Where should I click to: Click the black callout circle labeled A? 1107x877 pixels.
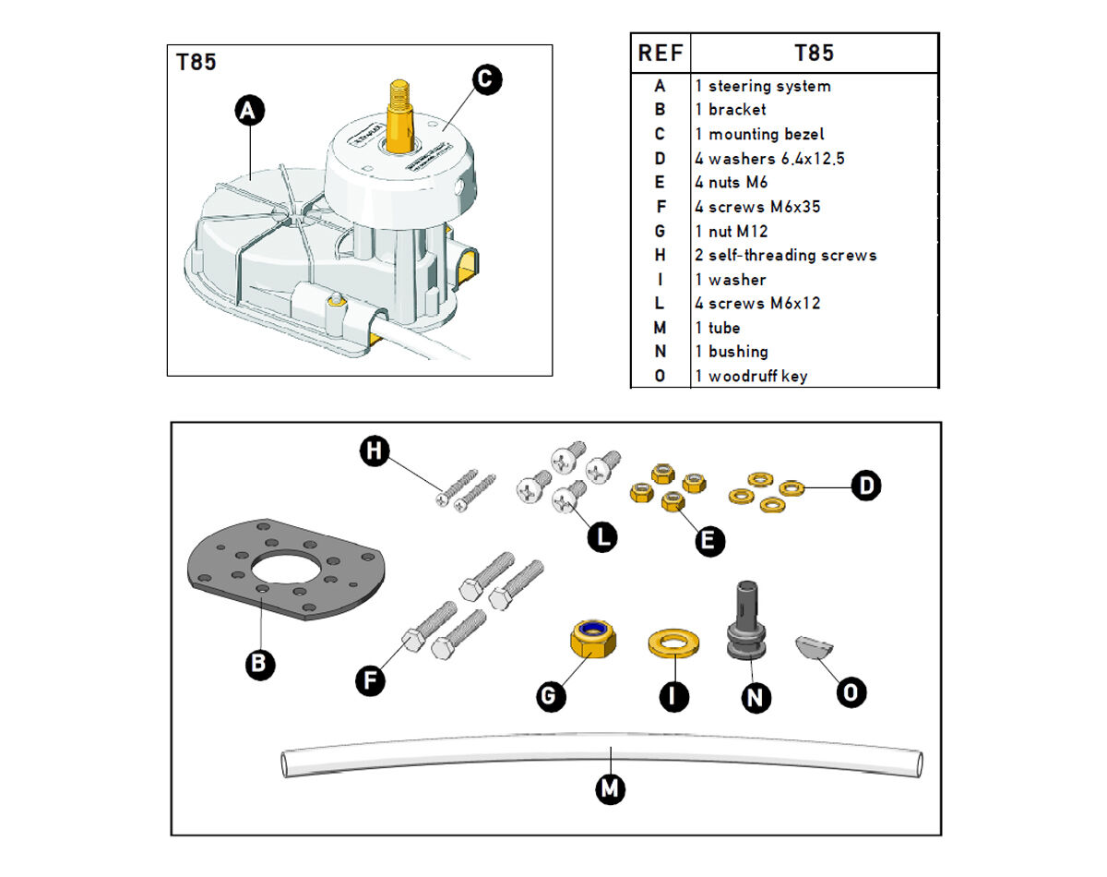pos(248,113)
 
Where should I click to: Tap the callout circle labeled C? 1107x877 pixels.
pos(485,79)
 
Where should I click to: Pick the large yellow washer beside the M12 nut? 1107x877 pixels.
pos(673,643)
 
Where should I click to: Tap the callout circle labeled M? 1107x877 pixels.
pos(611,789)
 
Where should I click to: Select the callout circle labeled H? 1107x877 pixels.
pos(374,451)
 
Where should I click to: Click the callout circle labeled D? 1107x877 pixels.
pos(864,485)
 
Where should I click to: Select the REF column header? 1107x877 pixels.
pos(661,54)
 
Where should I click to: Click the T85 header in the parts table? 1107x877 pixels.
pos(814,54)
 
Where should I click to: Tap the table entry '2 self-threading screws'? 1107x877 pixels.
pos(785,255)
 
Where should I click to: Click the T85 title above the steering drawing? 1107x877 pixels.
pos(196,63)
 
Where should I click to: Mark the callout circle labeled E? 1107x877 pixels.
pos(708,541)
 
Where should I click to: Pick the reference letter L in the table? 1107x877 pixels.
pos(660,304)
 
